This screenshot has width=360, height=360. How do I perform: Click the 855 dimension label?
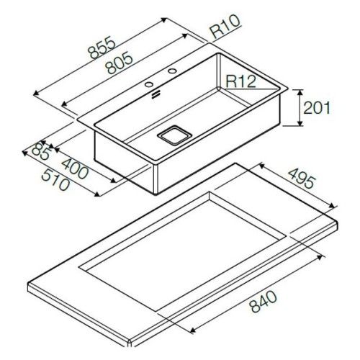(x=102, y=48)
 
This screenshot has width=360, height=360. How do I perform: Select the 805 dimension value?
(x=120, y=64)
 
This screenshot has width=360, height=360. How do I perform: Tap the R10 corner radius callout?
(x=225, y=26)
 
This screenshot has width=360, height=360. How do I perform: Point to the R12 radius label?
(x=241, y=81)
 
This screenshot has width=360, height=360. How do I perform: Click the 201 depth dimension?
(x=317, y=107)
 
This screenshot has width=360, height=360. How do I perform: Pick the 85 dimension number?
(x=40, y=152)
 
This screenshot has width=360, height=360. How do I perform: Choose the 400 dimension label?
(x=75, y=168)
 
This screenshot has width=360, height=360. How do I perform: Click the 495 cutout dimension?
(x=300, y=178)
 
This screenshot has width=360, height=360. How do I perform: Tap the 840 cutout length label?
(x=263, y=301)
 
